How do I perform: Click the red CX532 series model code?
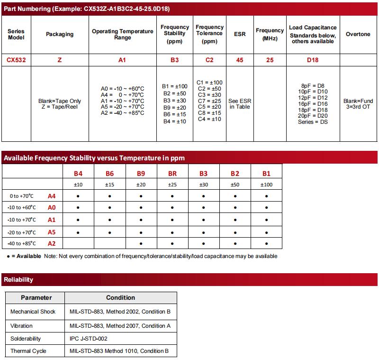(16, 60)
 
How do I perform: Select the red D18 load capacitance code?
(313, 60)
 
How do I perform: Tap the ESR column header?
(240, 34)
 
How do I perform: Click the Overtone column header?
(359, 34)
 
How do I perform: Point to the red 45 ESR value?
(240, 60)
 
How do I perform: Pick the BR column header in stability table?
(172, 174)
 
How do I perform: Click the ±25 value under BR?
(172, 185)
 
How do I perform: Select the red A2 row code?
(52, 244)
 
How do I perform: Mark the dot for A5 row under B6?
(109, 232)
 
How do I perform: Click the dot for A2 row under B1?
(266, 244)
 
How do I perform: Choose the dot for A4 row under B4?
(78, 196)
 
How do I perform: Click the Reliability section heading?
(19, 279)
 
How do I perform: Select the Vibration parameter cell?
(22, 325)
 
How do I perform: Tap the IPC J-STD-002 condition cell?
(88, 339)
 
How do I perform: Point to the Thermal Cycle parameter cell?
(28, 351)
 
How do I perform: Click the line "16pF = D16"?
(313, 103)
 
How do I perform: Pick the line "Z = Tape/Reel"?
(59, 107)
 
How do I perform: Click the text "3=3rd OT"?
(359, 107)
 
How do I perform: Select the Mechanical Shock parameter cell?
(33, 312)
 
